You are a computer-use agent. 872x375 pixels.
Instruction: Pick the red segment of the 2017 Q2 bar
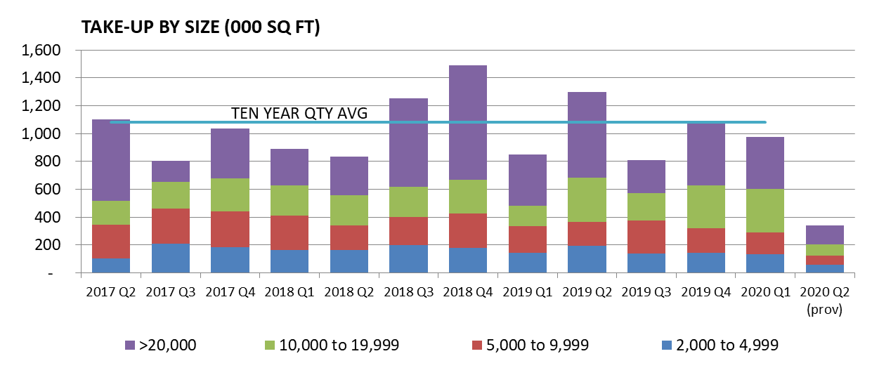(110, 242)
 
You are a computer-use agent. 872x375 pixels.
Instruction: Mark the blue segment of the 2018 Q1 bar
(289, 261)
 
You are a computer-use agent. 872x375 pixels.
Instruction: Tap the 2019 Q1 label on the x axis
(528, 291)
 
